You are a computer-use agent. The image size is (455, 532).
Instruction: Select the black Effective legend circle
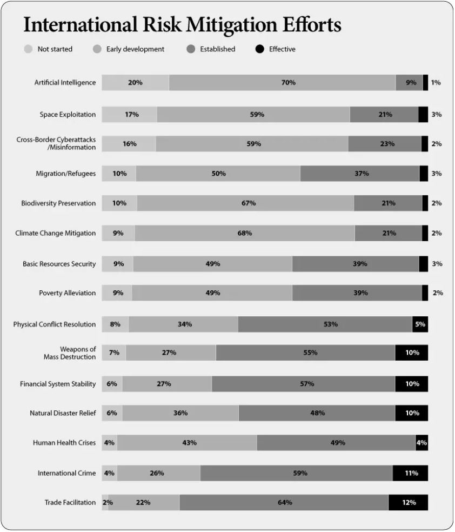coord(260,49)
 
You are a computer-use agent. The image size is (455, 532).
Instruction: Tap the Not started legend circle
coord(29,49)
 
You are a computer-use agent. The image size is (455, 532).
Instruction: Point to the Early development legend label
coord(135,49)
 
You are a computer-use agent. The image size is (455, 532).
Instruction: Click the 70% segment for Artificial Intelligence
coord(283,82)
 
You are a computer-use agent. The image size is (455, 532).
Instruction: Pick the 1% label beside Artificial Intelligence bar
coord(436,82)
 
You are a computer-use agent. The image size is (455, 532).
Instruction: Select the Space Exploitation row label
coord(68,115)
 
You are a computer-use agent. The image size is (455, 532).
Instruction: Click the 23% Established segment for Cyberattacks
coord(385,144)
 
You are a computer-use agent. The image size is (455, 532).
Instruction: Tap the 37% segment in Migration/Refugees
coord(360,174)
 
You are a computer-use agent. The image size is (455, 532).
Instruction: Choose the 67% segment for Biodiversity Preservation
coord(246,203)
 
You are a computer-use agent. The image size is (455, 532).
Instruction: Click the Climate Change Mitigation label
coord(56,233)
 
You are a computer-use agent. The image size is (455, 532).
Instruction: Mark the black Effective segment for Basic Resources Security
coord(424,264)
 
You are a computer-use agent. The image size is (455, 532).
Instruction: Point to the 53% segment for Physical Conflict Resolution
coord(325,324)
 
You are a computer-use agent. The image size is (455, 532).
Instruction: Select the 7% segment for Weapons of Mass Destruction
coord(114,353)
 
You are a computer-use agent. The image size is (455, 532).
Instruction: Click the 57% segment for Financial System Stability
coord(304,384)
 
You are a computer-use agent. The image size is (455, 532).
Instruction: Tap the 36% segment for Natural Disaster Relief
coord(180,413)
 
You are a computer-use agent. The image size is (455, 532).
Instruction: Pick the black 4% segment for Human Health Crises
coord(422,443)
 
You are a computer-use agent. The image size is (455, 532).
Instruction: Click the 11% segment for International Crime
coord(410,473)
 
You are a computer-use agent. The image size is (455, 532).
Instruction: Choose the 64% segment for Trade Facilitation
coord(284,502)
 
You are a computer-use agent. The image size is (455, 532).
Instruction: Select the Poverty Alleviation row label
coord(68,293)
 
